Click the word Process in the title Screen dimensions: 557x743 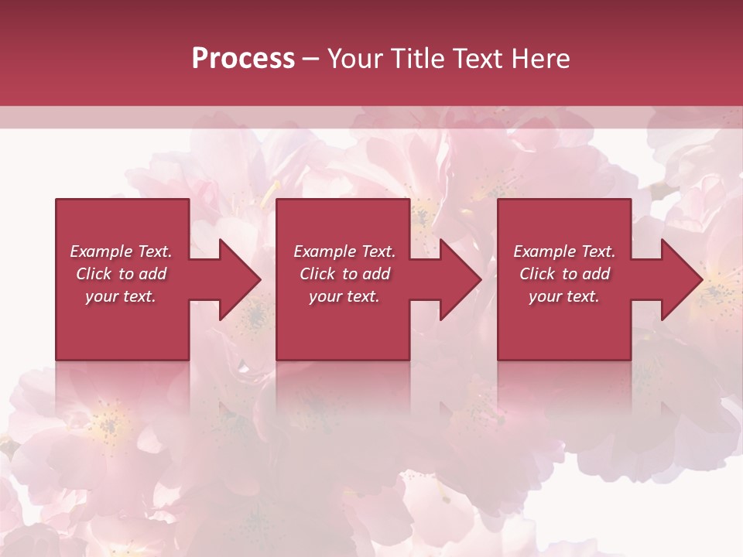pos(243,59)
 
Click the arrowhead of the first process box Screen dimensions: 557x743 pos(240,279)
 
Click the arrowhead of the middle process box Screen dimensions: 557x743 pos(461,279)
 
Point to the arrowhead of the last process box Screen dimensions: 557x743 pos(681,279)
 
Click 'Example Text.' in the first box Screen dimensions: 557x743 pos(121,251)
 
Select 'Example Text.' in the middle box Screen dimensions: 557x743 pos(344,251)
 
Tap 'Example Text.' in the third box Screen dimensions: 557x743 pos(564,251)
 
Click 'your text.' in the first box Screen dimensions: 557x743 pos(121,296)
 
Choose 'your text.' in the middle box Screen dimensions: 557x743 pos(344,296)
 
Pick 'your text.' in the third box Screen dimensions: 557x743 pos(564,296)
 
